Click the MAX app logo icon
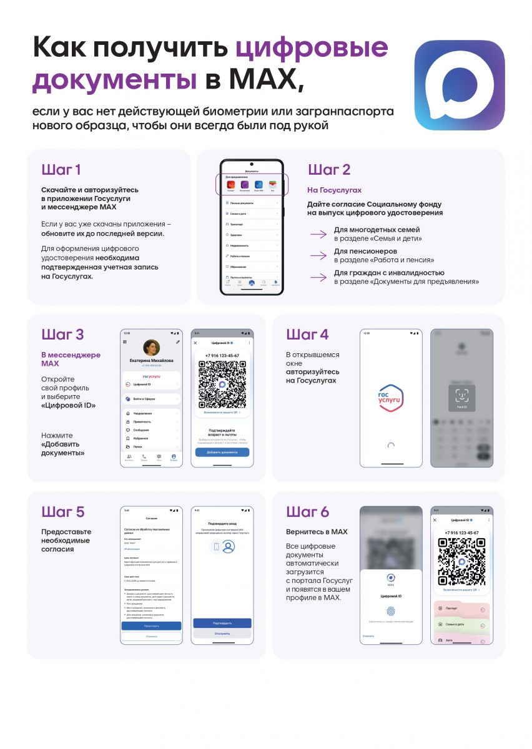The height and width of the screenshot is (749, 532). [x=460, y=85]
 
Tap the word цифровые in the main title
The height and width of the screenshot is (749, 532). [x=312, y=48]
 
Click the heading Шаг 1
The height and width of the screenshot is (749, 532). [x=61, y=170]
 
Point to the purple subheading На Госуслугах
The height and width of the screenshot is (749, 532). [x=334, y=190]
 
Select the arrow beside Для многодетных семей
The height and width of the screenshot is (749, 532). [x=318, y=234]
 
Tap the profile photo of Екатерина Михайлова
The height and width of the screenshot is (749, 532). [x=151, y=348]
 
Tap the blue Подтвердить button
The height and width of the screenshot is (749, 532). [x=222, y=623]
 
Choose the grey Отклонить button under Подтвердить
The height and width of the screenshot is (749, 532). [x=222, y=634]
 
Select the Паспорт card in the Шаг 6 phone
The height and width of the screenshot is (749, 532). [x=461, y=608]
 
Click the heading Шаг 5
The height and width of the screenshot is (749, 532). [x=62, y=512]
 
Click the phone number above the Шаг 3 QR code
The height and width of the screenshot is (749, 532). [x=222, y=355]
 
